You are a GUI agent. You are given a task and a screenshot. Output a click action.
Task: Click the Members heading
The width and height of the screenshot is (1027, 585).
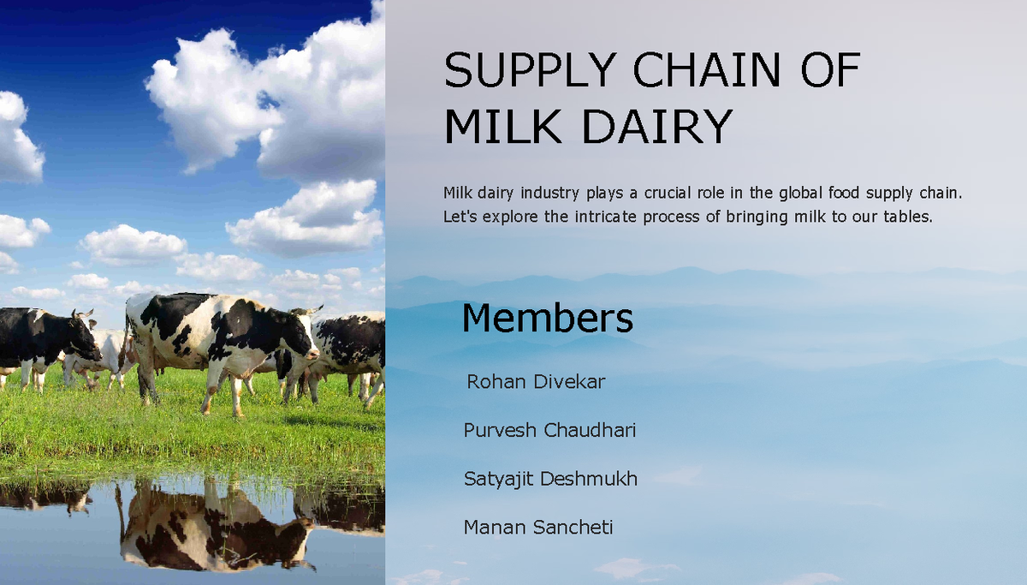point(547,318)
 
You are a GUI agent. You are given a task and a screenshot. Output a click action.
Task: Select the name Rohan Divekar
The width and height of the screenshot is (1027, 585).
point(536,382)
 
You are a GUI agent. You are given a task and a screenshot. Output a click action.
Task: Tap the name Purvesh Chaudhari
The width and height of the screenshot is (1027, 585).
point(549,430)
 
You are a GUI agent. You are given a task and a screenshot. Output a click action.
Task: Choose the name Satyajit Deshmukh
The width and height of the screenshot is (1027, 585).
point(550,478)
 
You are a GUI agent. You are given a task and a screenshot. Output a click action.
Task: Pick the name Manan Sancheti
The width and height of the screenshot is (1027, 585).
point(538,527)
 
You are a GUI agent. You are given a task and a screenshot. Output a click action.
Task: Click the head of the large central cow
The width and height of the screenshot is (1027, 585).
point(300,338)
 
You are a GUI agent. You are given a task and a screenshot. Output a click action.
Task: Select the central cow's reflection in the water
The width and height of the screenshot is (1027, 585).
point(214,531)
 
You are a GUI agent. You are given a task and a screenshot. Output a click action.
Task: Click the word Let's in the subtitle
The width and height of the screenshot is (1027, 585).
point(460,217)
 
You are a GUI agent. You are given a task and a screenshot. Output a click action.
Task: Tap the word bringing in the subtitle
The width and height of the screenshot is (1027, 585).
point(757,217)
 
